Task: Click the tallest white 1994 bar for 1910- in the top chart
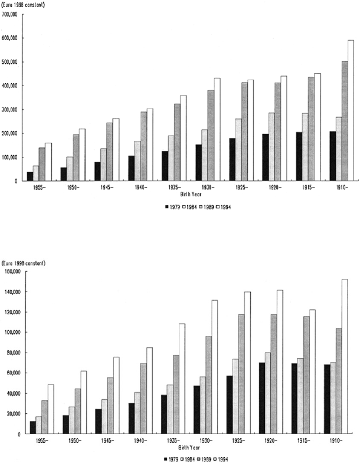(x=351, y=110)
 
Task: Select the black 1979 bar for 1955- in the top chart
(x=30, y=176)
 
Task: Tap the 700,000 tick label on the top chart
(x=9, y=14)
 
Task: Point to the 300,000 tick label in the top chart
(x=9, y=110)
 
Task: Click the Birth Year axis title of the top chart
(x=191, y=194)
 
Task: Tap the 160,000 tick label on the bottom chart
(x=12, y=271)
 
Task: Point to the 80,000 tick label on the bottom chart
(x=13, y=353)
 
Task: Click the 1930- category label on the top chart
(x=208, y=188)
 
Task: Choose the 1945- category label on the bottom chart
(x=107, y=441)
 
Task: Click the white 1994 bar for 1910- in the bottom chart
(x=345, y=356)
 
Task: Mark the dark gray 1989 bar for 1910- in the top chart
(x=345, y=121)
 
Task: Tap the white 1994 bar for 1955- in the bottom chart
(x=51, y=409)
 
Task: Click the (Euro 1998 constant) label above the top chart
(x=23, y=5)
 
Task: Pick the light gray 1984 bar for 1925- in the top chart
(x=238, y=150)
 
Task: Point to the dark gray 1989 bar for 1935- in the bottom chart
(x=176, y=394)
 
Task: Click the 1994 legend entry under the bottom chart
(x=220, y=459)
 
